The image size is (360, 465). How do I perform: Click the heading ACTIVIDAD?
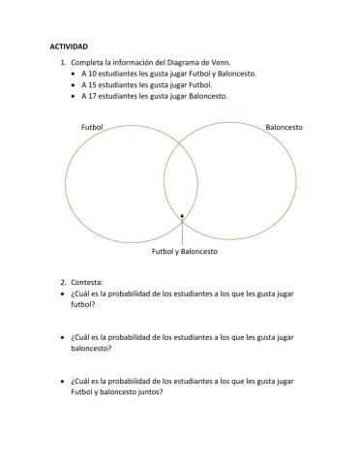coord(68,46)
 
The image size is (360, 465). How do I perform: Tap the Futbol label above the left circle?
coord(94,127)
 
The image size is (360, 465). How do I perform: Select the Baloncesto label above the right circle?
coord(284,127)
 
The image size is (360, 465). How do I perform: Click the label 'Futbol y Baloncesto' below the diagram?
coord(184,252)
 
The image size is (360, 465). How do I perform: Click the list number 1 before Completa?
coord(62,62)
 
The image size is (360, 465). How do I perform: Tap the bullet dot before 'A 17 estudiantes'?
coord(74,96)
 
